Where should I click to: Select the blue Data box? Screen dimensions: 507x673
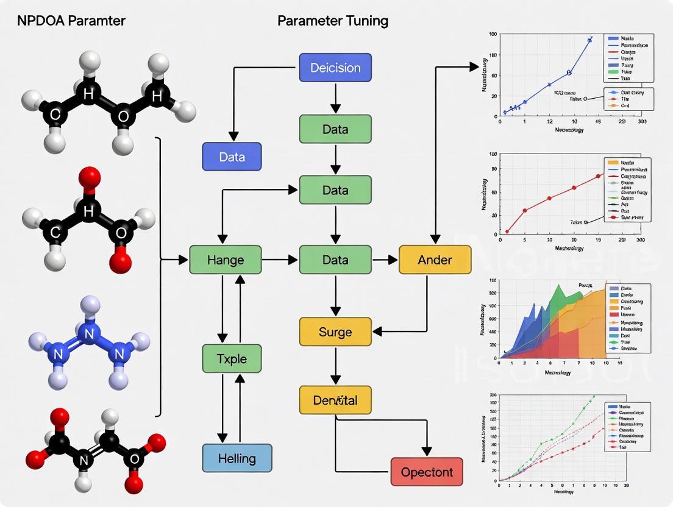(x=232, y=157)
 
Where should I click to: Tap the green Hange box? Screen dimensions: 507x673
(x=226, y=260)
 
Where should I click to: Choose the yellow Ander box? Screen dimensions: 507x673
(x=435, y=260)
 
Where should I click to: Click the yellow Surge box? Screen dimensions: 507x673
(x=335, y=331)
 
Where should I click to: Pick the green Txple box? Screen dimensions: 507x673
(x=232, y=358)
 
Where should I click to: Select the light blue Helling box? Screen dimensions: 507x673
(x=237, y=458)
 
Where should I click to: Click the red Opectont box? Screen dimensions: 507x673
(x=426, y=472)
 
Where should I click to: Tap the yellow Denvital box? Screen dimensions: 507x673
(x=335, y=400)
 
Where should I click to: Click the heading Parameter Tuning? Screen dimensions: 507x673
(x=333, y=21)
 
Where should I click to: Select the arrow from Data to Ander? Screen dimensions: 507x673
(x=385, y=260)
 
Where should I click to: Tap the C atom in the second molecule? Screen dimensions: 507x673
(x=55, y=232)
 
